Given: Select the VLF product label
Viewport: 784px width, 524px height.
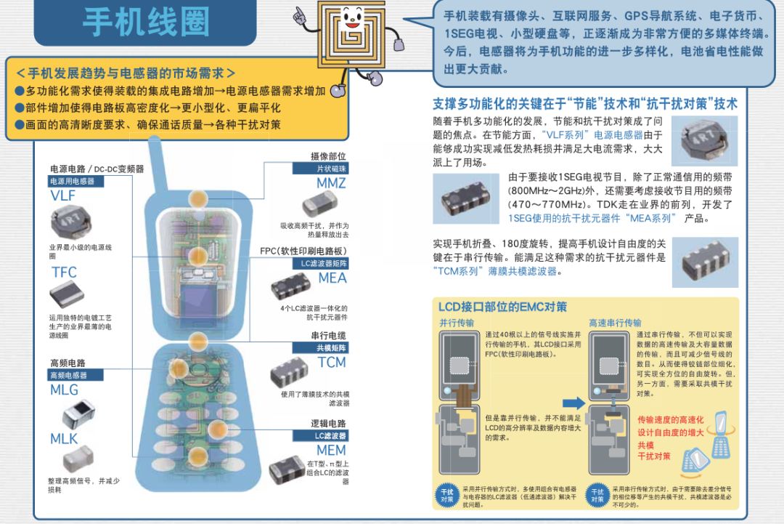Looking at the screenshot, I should click(x=63, y=196).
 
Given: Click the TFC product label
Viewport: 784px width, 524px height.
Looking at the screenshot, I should click(x=64, y=273).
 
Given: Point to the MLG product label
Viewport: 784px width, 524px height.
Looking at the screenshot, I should click(x=64, y=390).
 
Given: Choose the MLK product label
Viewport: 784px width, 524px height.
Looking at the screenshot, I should click(x=64, y=439).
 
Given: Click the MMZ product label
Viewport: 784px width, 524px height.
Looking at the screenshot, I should click(x=331, y=183).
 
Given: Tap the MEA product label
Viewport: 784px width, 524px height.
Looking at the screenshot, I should click(x=332, y=278).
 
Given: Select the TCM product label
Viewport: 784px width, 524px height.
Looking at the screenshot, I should click(x=332, y=362).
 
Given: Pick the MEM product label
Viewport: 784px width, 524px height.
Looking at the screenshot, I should click(x=331, y=451).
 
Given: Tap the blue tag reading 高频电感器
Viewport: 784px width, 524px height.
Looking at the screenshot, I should click(x=68, y=375).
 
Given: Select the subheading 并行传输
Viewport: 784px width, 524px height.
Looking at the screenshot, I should click(x=457, y=323).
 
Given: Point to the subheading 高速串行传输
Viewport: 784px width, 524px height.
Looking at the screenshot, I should click(x=615, y=323).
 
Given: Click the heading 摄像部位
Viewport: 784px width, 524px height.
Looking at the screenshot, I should click(x=328, y=156).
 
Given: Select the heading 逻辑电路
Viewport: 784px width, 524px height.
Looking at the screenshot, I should click(x=328, y=423).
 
